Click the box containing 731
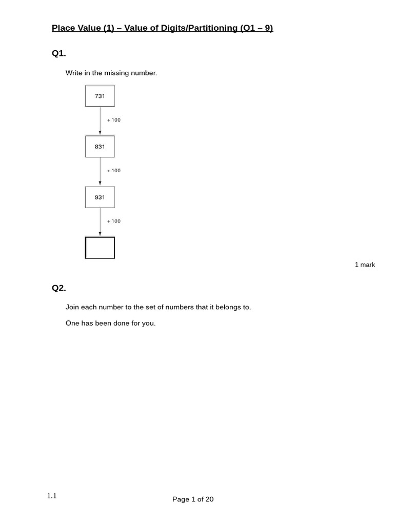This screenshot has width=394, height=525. click(100, 96)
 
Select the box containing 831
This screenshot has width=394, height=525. click(100, 147)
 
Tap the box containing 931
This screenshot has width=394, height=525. click(100, 197)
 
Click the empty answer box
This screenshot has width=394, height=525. click(100, 248)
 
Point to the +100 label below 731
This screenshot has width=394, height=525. click(114, 120)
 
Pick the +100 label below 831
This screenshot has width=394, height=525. click(114, 171)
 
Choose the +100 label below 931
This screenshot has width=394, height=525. click(114, 221)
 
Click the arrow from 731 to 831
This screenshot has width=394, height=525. click(100, 121)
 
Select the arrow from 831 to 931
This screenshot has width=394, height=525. click(100, 172)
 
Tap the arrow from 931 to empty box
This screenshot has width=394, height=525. click(100, 222)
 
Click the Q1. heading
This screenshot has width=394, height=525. click(59, 54)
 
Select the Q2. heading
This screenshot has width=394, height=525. click(59, 288)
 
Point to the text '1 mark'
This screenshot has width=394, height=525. click(365, 265)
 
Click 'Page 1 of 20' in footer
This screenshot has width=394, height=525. click(193, 499)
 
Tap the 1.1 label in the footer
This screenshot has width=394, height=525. click(52, 496)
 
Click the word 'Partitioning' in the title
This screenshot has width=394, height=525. click(212, 28)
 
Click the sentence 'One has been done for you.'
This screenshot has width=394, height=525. click(110, 324)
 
